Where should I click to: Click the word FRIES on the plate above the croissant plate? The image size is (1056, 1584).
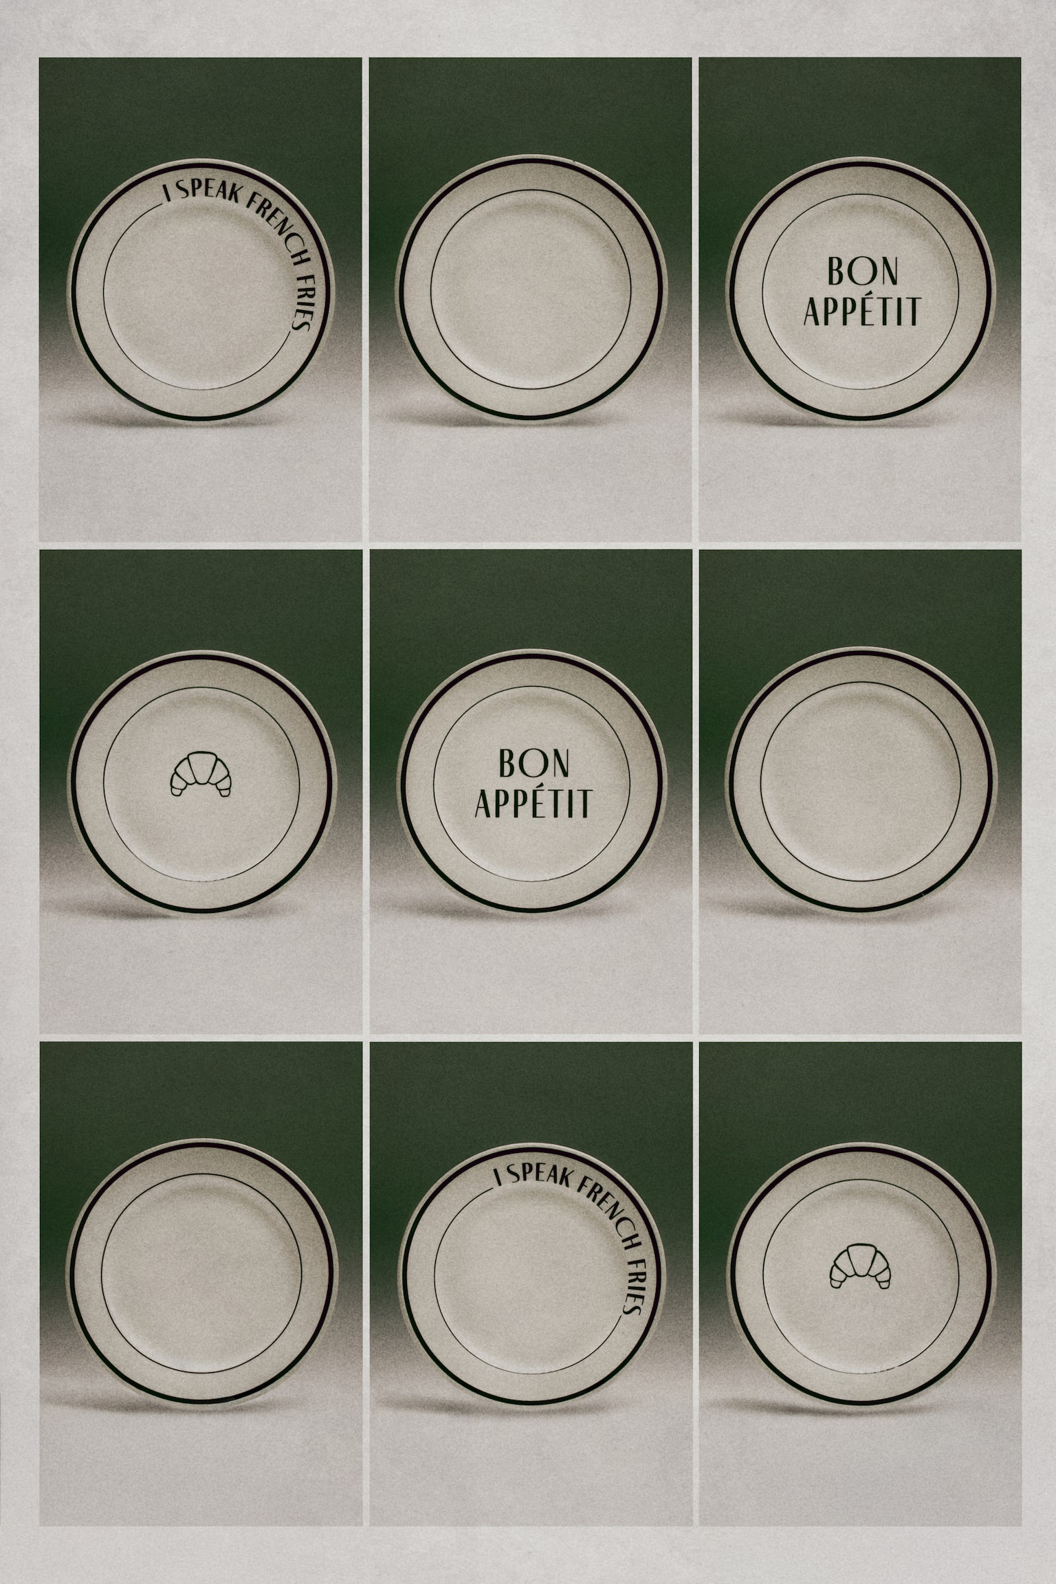(300, 300)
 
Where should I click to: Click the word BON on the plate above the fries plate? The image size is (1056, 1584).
(533, 762)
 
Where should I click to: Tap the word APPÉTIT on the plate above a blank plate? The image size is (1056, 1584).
(862, 311)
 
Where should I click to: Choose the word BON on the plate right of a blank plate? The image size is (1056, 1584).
(862, 271)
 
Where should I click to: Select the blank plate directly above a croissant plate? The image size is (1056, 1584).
(860, 781)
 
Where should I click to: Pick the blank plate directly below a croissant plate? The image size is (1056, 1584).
(201, 1272)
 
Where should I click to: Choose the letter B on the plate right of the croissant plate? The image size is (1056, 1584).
(507, 762)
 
